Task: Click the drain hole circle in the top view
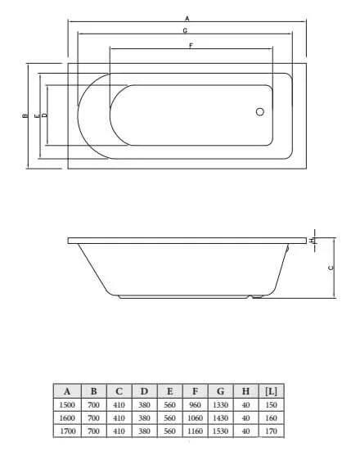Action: click(260, 113)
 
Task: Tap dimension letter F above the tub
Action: click(190, 45)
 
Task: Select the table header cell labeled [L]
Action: click(272, 391)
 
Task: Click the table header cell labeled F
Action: click(195, 391)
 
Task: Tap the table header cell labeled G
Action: click(220, 391)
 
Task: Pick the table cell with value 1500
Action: click(67, 404)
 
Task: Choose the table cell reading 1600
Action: click(67, 417)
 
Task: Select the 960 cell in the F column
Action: click(195, 404)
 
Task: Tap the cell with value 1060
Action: click(195, 417)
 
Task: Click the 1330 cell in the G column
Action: click(220, 404)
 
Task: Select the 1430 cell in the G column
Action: click(220, 417)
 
